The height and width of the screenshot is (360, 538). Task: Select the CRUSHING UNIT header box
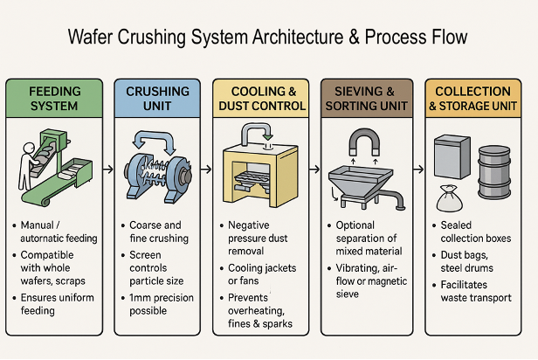157,98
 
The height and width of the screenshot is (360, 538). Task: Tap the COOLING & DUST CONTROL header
260,98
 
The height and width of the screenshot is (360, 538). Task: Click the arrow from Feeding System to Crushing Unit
107,169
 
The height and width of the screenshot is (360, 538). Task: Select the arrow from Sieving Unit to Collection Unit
417,169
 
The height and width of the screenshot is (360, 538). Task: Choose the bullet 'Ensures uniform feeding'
59,306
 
